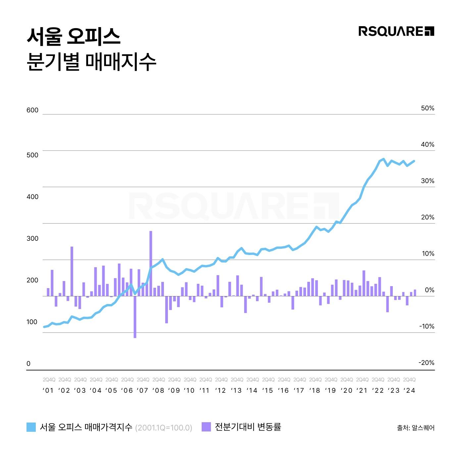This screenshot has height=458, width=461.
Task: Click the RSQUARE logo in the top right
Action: tap(396, 31)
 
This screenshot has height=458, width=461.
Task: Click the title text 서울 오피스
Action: tap(73, 36)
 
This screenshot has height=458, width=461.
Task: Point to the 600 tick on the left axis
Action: tap(32, 110)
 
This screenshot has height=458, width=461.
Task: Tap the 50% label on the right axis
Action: tap(427, 108)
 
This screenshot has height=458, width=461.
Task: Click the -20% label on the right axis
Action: tap(426, 363)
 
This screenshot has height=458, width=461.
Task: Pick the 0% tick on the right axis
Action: tap(429, 290)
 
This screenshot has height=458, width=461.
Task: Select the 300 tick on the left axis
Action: tap(32, 238)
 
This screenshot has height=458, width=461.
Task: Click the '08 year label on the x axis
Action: tap(158, 390)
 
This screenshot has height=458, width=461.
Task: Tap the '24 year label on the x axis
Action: tap(409, 390)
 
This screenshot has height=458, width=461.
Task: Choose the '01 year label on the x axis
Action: tap(48, 390)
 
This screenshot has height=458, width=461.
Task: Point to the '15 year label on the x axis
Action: tap(268, 390)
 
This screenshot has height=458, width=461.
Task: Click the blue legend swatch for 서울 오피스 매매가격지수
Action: tap(31, 427)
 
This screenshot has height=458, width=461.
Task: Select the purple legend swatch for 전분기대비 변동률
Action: tap(206, 427)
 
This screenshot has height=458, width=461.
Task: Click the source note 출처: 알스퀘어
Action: tap(416, 428)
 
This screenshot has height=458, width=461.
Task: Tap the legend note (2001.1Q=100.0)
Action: tap(164, 428)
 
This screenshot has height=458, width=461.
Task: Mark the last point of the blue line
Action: tap(415, 161)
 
